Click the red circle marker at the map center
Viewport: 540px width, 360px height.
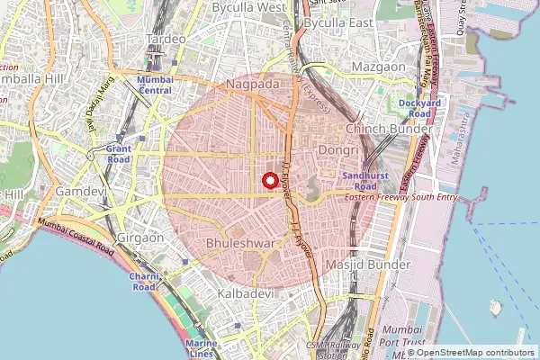click(269, 180)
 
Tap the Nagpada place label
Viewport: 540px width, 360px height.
click(254, 84)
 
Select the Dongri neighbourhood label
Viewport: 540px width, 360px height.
click(339, 150)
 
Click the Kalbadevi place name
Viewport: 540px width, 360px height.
click(246, 294)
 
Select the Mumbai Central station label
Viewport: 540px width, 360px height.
click(155, 85)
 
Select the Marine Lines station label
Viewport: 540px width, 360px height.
click(201, 348)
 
